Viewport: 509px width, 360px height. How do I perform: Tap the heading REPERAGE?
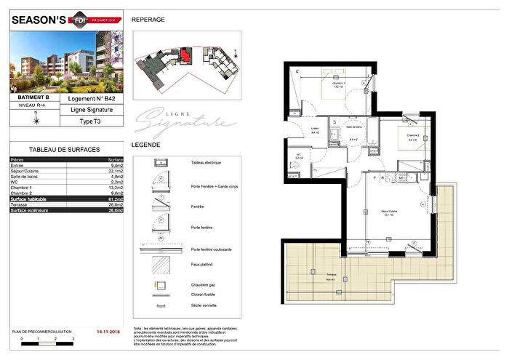148,20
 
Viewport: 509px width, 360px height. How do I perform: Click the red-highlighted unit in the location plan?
189,55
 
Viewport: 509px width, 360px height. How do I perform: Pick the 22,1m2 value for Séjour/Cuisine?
115,171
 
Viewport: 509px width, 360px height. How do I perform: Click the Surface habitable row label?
33,196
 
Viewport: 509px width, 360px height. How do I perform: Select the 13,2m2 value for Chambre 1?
115,186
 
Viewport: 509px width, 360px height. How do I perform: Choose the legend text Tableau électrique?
208,164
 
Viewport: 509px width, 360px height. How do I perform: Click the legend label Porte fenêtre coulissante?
212,249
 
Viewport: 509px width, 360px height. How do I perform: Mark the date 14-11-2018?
110,330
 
